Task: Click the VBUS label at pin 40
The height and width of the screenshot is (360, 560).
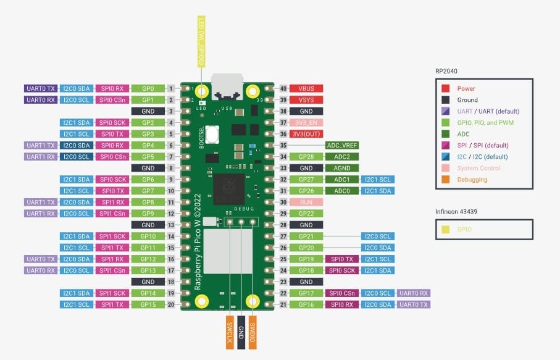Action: pos(306,89)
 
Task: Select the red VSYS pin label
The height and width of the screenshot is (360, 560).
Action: pos(306,100)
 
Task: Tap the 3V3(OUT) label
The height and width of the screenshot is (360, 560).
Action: pos(306,134)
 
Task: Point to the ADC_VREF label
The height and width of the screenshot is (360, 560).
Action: pos(342,145)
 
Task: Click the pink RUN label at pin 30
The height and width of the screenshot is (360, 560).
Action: pos(306,202)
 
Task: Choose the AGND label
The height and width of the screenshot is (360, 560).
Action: pos(342,168)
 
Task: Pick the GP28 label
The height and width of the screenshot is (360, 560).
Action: pos(306,157)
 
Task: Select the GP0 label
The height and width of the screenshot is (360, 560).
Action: pos(148,89)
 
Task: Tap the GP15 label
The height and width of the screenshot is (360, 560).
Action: pos(148,304)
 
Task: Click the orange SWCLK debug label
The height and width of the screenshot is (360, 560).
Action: pos(230,333)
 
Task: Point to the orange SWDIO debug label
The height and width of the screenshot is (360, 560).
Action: pos(253,333)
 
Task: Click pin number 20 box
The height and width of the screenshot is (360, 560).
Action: pos(170,304)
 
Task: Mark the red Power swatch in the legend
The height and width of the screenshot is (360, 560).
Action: pos(445,89)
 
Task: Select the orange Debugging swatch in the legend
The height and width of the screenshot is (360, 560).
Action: pos(445,180)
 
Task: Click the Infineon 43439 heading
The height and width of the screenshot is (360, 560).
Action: pos(456,211)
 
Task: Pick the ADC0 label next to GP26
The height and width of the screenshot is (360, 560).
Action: pos(342,191)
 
